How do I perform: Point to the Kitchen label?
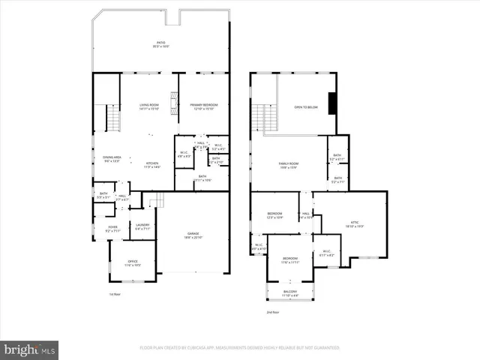click(x=152, y=165)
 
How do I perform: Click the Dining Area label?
click(x=112, y=159)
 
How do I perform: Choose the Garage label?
click(x=193, y=235)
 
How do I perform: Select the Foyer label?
click(x=112, y=229)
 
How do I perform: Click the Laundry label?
click(x=142, y=226)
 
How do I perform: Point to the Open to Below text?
click(x=306, y=108)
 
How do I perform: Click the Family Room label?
click(x=289, y=165)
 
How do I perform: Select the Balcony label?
click(x=289, y=293)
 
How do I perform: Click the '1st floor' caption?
click(x=114, y=294)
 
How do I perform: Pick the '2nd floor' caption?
click(x=271, y=312)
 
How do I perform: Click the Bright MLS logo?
click(x=30, y=349)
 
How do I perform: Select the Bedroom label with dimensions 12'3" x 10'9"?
click(x=274, y=216)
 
